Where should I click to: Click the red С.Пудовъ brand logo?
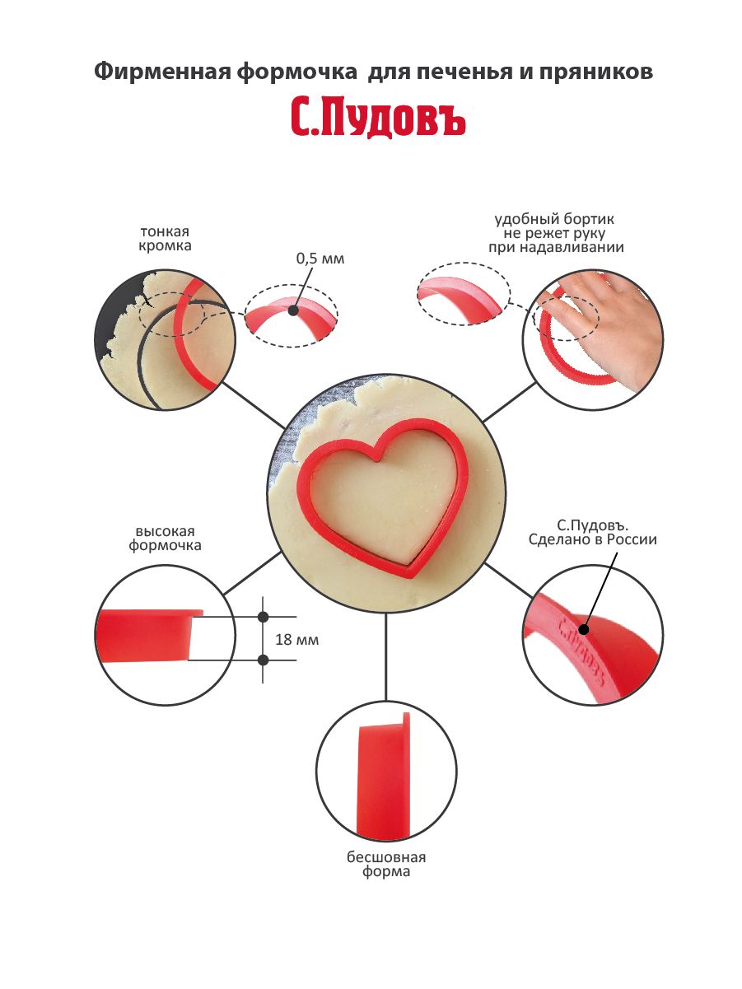pos(377,118)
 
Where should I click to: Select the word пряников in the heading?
pos(595,72)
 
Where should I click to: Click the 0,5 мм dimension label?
pos(320,259)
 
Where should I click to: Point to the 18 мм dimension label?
pos(297,640)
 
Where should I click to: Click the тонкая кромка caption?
pos(165,239)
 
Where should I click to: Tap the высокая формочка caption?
pos(165,539)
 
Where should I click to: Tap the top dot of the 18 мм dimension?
pos(264,617)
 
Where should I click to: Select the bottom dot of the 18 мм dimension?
pos(264,660)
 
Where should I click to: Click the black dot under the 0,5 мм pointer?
pos(294,310)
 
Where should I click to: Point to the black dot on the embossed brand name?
pos(585,629)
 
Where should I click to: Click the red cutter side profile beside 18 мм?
pos(149,635)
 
